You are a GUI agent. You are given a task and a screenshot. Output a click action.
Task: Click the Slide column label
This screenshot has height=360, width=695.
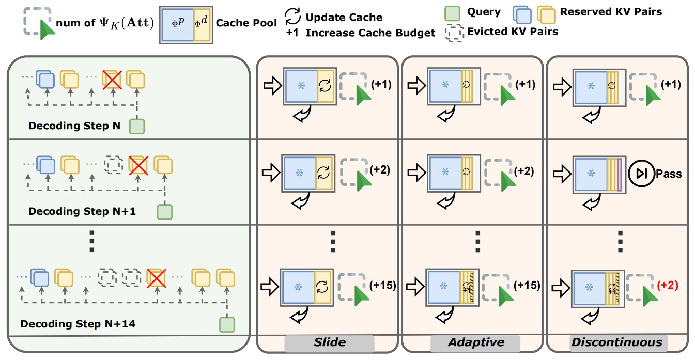329,342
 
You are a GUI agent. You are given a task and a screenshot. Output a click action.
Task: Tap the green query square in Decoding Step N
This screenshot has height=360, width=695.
136,127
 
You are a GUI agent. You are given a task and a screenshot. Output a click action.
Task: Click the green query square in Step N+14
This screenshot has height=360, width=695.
226,324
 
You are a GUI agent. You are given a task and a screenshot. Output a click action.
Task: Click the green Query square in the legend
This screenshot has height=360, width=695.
452,12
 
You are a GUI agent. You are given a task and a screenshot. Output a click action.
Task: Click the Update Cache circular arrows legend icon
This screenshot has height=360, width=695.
292,18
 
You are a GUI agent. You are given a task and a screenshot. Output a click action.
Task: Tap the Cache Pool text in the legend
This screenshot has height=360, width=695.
246,24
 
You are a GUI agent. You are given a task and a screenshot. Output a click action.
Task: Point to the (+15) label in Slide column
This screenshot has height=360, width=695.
383,285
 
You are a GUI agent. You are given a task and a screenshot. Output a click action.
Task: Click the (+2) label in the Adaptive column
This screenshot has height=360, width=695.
524,171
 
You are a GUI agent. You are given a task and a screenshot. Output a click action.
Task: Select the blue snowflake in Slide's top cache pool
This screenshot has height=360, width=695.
300,85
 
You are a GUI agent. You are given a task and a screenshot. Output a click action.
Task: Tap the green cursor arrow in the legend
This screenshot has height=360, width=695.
48,32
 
